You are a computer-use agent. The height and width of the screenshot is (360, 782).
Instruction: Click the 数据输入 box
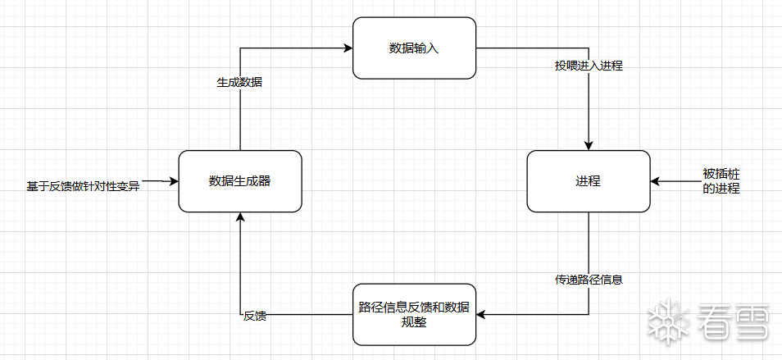pyautogui.click(x=414, y=48)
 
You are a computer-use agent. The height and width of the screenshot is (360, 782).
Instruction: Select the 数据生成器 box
pyautogui.click(x=239, y=181)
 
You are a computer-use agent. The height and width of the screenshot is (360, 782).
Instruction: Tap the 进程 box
pyautogui.click(x=588, y=181)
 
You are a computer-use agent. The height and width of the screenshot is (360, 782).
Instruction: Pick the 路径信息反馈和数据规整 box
pyautogui.click(x=414, y=314)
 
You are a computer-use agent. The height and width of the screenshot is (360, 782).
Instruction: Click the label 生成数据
pyautogui.click(x=239, y=83)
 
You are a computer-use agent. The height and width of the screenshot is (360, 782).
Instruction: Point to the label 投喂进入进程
pyautogui.click(x=589, y=66)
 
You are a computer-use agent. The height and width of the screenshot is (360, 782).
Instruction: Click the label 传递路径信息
pyautogui.click(x=589, y=280)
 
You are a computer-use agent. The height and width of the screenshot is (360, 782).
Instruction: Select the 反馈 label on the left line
pyautogui.click(x=255, y=315)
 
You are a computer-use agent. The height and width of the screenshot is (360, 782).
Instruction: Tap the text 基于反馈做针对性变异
pyautogui.click(x=83, y=187)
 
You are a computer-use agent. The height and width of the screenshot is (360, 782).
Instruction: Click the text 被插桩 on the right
pyautogui.click(x=721, y=174)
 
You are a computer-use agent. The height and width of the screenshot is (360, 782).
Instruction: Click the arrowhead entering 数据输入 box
pyautogui.click(x=347, y=48)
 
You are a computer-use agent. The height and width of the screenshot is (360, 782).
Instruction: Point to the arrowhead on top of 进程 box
pyautogui.click(x=589, y=145)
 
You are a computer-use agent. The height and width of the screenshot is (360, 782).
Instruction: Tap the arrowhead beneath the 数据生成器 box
pyautogui.click(x=239, y=217)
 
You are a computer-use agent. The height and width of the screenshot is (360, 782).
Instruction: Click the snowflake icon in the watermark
pyautogui.click(x=669, y=322)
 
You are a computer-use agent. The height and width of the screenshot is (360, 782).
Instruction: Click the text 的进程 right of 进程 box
pyautogui.click(x=721, y=189)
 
